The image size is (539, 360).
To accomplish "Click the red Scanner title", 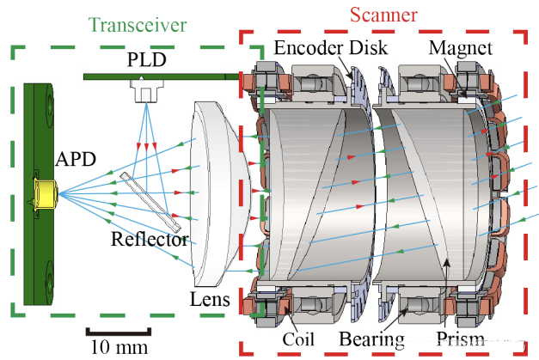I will pyautogui.click(x=383, y=15).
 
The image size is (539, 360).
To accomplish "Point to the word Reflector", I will pyautogui.click(x=149, y=240).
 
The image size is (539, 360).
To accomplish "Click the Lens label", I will pyautogui.click(x=210, y=299).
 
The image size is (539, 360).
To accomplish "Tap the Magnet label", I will pyautogui.click(x=460, y=47).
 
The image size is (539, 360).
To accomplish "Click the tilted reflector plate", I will pyautogui.click(x=150, y=203).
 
